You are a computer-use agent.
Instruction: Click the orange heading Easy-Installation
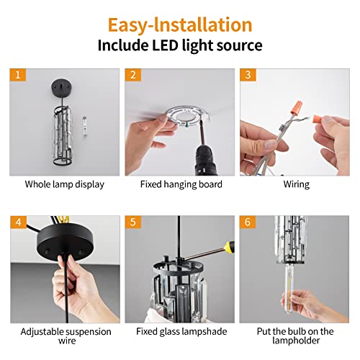180,25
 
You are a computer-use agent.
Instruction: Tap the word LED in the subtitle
166,45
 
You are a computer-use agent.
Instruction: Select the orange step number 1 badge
18,75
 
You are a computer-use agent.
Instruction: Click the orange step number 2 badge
133,75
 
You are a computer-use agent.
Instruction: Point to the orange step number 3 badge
248,75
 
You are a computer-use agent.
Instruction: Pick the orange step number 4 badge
18,222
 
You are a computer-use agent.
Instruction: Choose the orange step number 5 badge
133,222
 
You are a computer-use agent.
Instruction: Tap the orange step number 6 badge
248,222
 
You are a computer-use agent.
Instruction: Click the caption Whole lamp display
65,184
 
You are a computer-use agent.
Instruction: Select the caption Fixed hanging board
181,184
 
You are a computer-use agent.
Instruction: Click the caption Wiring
297,184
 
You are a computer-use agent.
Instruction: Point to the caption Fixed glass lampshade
181,331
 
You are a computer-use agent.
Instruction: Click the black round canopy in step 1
62,86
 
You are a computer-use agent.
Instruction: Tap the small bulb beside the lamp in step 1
84,126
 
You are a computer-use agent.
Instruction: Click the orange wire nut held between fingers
318,119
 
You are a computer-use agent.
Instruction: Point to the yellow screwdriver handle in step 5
230,246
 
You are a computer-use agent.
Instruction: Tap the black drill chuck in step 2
206,159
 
